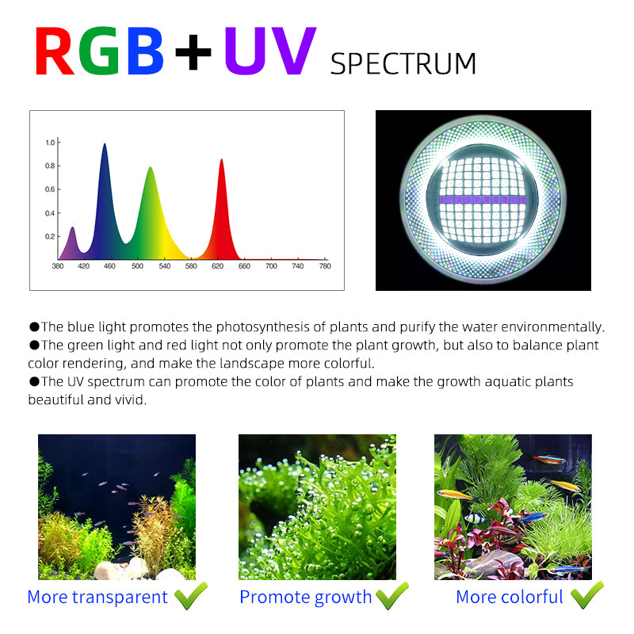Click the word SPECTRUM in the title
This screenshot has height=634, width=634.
point(403,63)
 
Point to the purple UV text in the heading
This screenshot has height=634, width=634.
point(269,53)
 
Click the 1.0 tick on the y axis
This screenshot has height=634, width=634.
point(50,143)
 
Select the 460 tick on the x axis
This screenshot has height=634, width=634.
point(109,266)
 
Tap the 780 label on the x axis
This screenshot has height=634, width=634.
point(324,266)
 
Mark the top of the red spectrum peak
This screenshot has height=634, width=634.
point(222,160)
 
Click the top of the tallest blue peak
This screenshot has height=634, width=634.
point(105,144)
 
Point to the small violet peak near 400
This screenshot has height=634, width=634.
point(72,228)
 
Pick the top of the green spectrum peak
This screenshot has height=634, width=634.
point(150,168)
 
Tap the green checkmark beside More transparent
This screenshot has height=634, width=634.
point(191,595)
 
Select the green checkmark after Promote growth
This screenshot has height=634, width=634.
point(392,595)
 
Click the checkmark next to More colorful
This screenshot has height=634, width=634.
point(586,595)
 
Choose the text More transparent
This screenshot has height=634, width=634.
point(97,598)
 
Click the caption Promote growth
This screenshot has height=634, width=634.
point(306,598)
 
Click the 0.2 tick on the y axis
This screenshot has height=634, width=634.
point(50,236)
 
